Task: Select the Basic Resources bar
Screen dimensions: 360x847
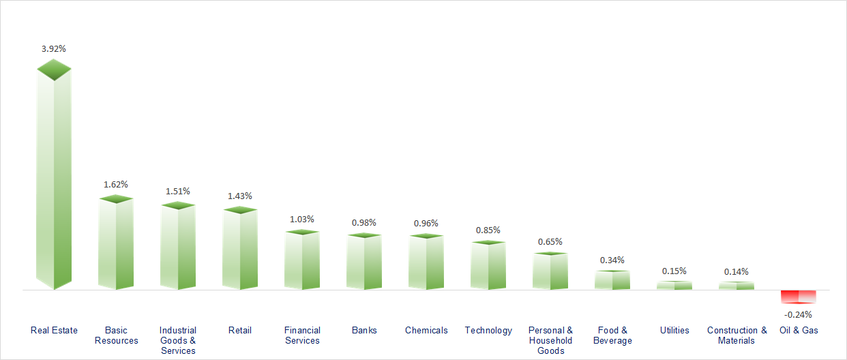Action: pyautogui.click(x=116, y=244)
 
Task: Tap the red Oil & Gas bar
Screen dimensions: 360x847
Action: pyautogui.click(x=799, y=297)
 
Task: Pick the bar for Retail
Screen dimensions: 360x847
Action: pyautogui.click(x=240, y=250)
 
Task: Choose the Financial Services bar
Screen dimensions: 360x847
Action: pyautogui.click(x=302, y=261)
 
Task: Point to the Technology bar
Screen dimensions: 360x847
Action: pyautogui.click(x=488, y=266)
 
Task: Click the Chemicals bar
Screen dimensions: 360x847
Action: pyautogui.click(x=426, y=263)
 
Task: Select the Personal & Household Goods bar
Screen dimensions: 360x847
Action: pyautogui.click(x=550, y=271)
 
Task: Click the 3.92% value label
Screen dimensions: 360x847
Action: pyautogui.click(x=54, y=49)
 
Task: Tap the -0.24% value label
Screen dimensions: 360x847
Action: pyautogui.click(x=798, y=314)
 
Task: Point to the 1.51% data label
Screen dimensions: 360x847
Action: pyautogui.click(x=178, y=191)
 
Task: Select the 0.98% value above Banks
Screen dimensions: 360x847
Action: pyautogui.click(x=364, y=222)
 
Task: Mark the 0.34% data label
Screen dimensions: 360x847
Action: pyautogui.click(x=612, y=260)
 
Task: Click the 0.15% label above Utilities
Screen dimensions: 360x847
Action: pyautogui.click(x=674, y=271)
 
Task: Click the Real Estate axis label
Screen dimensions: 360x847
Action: pyautogui.click(x=55, y=330)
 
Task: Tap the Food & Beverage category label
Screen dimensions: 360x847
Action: pyautogui.click(x=612, y=335)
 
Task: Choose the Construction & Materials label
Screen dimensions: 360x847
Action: pyautogui.click(x=737, y=335)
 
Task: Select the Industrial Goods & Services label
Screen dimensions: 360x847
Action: pyautogui.click(x=178, y=340)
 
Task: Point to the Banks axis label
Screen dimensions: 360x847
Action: pyautogui.click(x=364, y=330)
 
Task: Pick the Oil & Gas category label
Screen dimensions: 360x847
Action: pyautogui.click(x=799, y=330)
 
